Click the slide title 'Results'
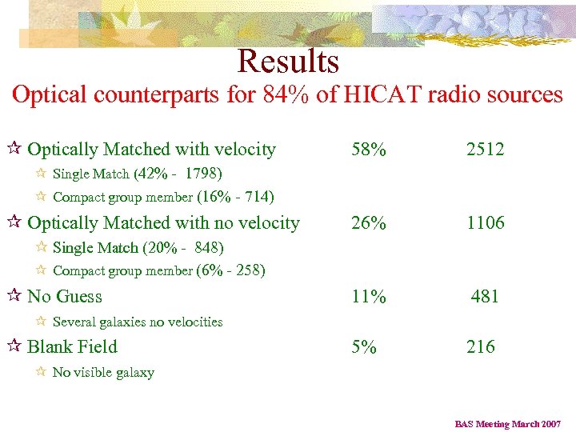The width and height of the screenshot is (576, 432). [x=288, y=62]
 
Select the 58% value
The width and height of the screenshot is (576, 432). [x=368, y=150]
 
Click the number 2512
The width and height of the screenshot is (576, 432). [x=486, y=150]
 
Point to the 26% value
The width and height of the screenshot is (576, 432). [x=368, y=223]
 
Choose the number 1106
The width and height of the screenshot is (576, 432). [x=486, y=223]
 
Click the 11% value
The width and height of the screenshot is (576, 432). [x=368, y=297]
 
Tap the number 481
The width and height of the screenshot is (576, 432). [x=486, y=297]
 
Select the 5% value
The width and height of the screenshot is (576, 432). [x=363, y=347]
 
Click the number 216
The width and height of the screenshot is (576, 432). [x=481, y=347]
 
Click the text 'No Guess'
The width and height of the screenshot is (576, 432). [x=65, y=297]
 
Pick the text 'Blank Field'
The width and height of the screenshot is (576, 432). [x=72, y=347]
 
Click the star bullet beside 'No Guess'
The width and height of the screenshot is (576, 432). [x=16, y=297]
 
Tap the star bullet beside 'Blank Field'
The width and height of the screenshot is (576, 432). [x=16, y=347]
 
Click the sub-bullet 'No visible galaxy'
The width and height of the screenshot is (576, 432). [x=103, y=373]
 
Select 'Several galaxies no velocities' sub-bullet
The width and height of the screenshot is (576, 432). [x=138, y=322]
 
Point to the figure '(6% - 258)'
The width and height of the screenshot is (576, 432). [x=230, y=270]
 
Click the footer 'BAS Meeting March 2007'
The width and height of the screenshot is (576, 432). [x=508, y=424]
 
